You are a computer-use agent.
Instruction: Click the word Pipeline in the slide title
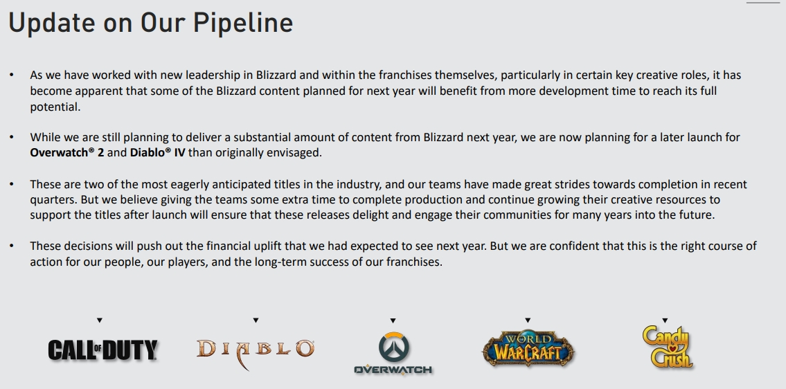point(242,24)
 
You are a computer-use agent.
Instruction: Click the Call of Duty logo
point(102,350)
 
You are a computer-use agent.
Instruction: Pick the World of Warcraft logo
point(528,348)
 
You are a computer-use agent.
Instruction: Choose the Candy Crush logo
point(666,346)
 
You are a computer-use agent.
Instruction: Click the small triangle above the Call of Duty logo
point(100,320)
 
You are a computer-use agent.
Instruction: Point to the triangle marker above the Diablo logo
point(256,320)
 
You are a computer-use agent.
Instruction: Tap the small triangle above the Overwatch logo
point(393,320)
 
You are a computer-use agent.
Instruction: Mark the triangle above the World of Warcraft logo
point(528,320)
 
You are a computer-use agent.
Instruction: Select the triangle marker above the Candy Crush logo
point(665,320)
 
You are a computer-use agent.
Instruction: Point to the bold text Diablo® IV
point(158,152)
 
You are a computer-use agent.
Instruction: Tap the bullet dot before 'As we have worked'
point(11,75)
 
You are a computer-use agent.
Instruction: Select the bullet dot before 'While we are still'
point(11,137)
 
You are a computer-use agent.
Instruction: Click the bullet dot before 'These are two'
point(11,185)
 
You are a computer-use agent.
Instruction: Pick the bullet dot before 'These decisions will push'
point(11,246)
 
